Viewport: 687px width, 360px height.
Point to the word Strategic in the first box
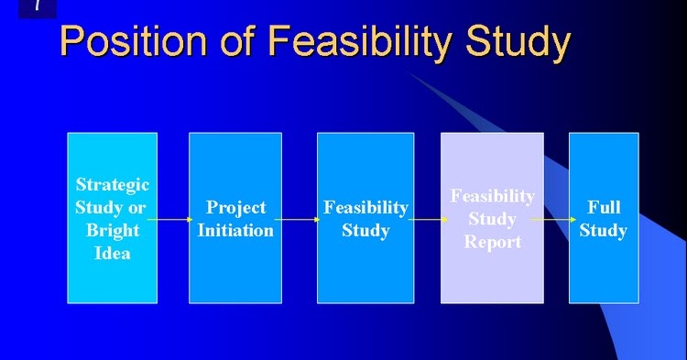click(112, 185)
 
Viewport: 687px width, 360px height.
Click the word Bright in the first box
click(112, 230)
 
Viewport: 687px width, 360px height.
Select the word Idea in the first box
click(112, 253)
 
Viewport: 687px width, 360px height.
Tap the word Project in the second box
click(235, 208)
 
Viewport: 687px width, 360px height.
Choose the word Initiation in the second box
click(235, 230)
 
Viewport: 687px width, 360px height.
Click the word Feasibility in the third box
click(365, 208)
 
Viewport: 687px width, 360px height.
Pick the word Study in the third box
click(365, 230)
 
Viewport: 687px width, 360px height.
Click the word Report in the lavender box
click(492, 242)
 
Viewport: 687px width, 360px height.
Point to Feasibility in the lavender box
click(492, 196)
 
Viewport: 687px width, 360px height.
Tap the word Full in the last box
click(603, 208)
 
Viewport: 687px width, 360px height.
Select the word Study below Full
click(603, 230)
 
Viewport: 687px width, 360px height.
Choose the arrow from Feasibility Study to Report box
click(427, 220)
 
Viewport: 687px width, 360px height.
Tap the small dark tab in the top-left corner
click(37, 8)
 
